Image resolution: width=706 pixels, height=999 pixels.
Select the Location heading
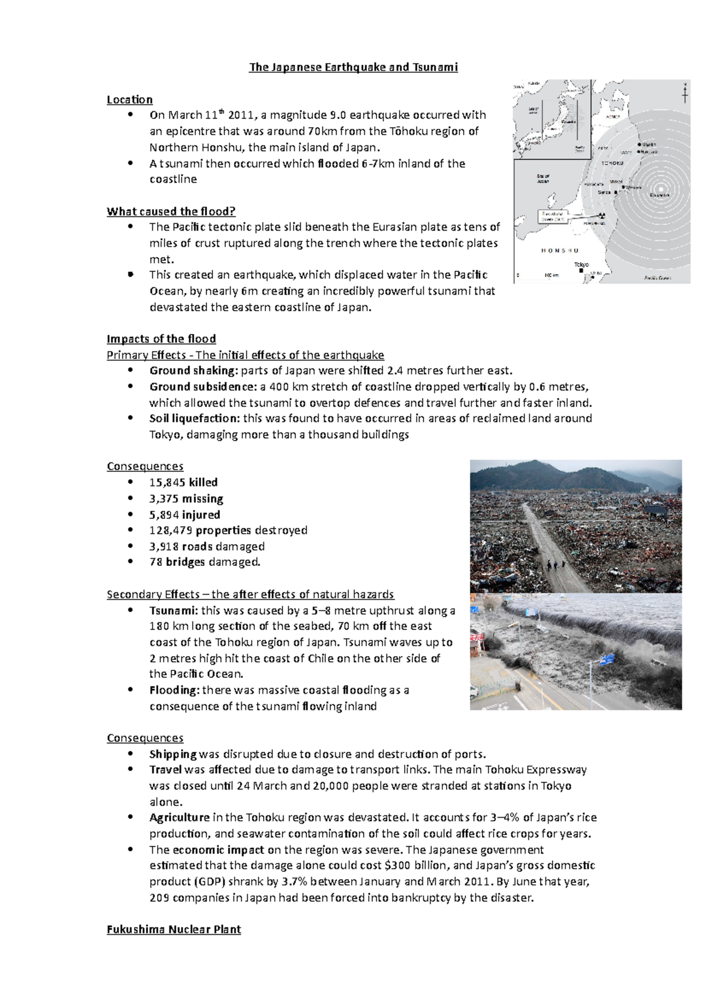pos(129,99)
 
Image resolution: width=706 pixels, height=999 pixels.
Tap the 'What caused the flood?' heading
pos(171,211)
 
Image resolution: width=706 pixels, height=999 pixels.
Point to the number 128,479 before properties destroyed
pos(170,530)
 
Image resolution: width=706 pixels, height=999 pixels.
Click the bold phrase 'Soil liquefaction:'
pos(194,418)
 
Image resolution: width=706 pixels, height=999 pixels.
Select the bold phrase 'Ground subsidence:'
pos(199,387)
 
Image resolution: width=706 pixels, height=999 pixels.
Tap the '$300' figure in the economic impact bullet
pos(396,865)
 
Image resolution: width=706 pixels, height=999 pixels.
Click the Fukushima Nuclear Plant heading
pos(174,930)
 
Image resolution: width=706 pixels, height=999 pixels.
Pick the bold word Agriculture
pos(179,817)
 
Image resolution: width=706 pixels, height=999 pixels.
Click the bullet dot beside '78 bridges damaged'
pos(131,562)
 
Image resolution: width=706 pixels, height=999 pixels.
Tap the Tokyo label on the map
pos(581,265)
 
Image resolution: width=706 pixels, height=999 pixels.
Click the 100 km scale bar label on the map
pos(550,275)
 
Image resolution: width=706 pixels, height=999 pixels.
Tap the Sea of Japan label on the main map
pos(542,178)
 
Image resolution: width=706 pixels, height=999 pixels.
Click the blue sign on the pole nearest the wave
pos(606,660)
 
